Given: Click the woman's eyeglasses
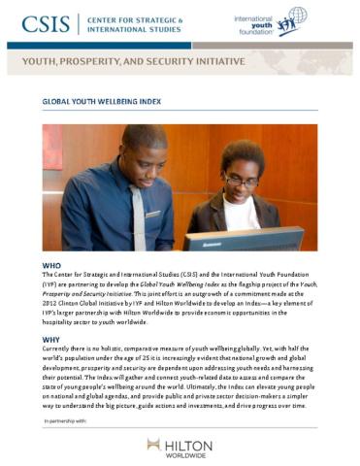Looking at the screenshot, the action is point(241,180).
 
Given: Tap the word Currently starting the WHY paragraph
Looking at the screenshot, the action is point(60,350).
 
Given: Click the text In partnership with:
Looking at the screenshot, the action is point(66,423).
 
